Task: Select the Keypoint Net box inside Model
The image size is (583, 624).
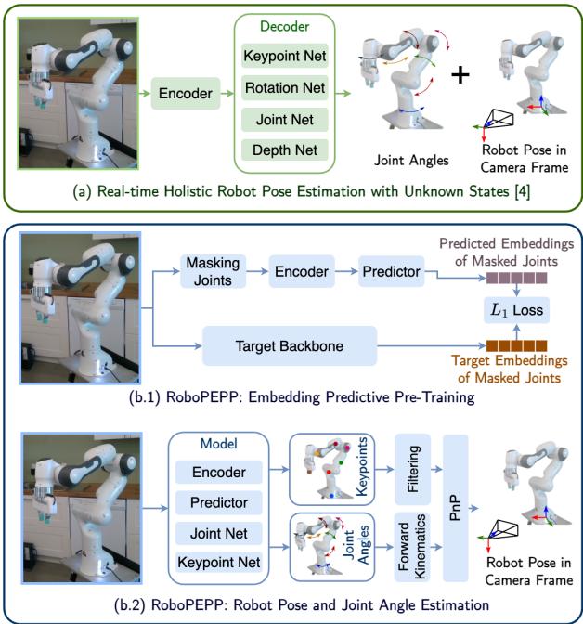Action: (x=219, y=562)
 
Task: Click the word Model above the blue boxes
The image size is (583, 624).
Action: (x=219, y=443)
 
